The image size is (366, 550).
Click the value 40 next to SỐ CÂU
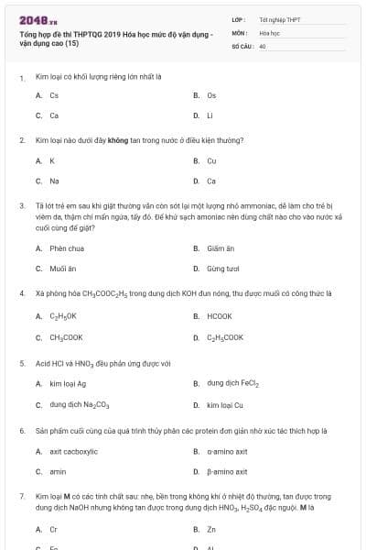(264, 45)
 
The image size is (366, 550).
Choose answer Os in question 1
(211, 95)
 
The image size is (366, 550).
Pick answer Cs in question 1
(54, 95)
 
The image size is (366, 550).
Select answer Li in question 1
(210, 115)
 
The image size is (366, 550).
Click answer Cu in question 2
(211, 160)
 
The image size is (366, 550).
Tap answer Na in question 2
(54, 181)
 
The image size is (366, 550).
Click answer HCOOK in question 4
(219, 316)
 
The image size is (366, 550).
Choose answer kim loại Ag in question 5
(68, 383)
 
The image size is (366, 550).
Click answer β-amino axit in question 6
(227, 471)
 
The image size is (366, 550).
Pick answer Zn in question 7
(211, 529)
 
